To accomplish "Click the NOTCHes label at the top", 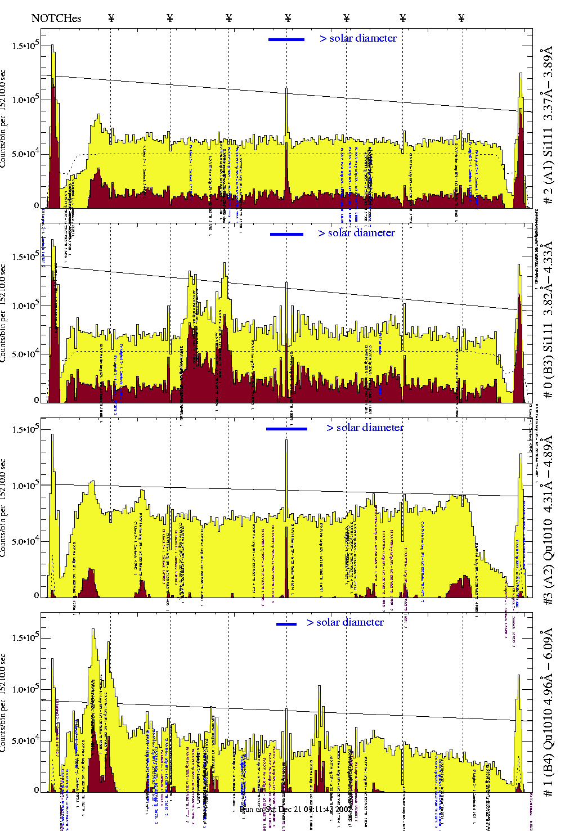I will tap(56, 18).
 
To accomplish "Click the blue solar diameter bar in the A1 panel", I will tap(286, 39).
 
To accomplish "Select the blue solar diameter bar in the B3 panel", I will tap(286, 234).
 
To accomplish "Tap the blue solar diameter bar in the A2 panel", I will tap(286, 429).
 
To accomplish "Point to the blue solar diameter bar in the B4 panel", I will tap(286, 623).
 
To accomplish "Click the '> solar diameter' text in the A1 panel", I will tap(358, 38).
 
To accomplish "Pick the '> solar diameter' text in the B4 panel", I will tap(345, 622).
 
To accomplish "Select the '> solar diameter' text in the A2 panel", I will tap(365, 428).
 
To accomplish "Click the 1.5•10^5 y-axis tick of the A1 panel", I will tap(25, 46).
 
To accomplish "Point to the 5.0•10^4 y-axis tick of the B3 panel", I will tap(25, 354).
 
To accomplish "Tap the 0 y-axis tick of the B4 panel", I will tap(37, 790).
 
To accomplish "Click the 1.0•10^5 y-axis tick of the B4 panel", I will tap(25, 689).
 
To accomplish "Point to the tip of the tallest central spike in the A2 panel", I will tap(286, 440).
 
